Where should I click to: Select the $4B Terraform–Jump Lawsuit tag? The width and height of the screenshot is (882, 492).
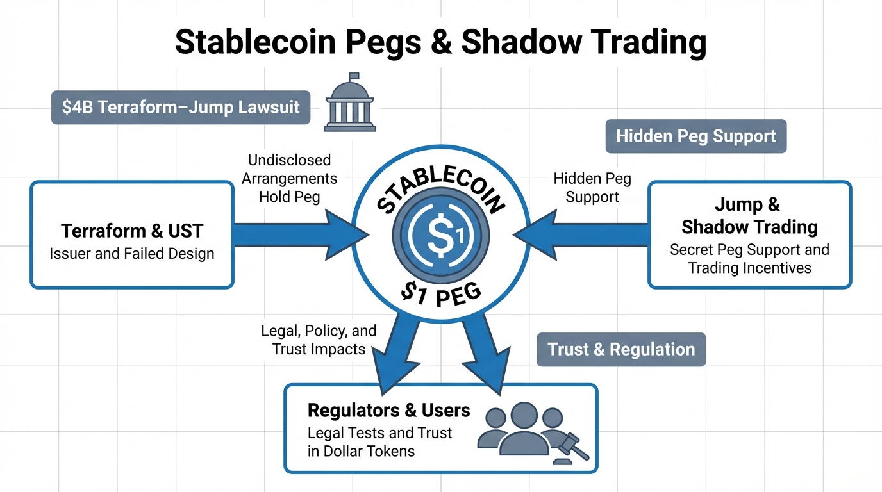(181, 107)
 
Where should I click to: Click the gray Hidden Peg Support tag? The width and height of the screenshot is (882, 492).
(695, 136)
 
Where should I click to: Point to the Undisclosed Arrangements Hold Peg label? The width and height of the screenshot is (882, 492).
(289, 178)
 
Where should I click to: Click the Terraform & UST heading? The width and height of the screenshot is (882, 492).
(131, 231)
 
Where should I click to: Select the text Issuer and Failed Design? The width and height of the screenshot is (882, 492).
(131, 254)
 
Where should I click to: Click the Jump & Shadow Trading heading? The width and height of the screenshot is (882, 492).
(749, 217)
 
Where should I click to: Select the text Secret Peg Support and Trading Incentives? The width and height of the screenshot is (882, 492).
(749, 258)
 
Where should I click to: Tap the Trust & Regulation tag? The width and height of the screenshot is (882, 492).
(620, 350)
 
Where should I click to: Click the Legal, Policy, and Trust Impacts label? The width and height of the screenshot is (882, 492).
(319, 340)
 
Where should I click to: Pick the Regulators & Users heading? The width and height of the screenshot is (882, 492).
(389, 411)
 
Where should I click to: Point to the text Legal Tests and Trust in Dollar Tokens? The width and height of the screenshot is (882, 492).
(379, 441)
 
